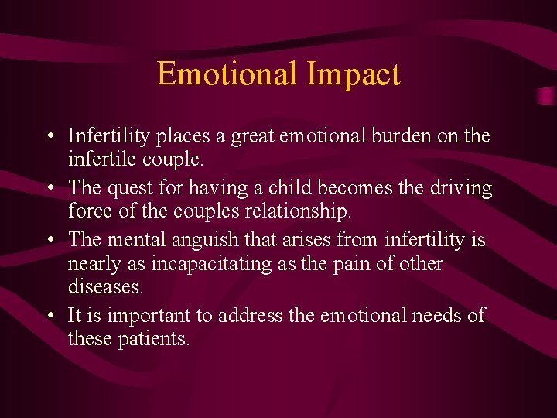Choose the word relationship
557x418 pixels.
302,211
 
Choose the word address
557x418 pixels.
251,315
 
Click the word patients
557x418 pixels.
152,338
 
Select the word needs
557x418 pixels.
439,315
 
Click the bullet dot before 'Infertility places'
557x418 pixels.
49,137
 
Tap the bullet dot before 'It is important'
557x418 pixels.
49,316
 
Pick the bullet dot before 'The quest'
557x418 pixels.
49,188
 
